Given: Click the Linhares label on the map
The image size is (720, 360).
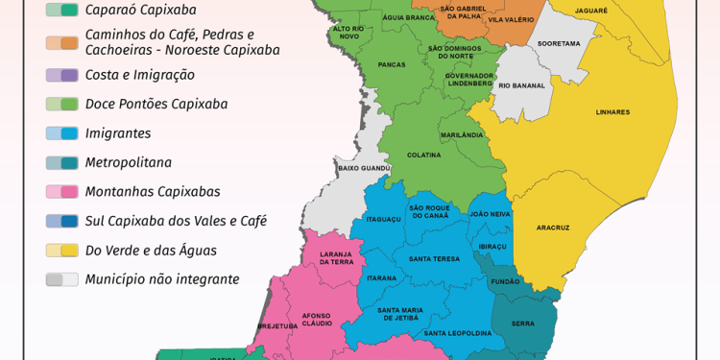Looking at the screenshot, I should click(612, 112).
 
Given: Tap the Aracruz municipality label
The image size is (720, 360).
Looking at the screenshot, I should click(553, 228).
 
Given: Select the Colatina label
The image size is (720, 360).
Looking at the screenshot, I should click(423, 155).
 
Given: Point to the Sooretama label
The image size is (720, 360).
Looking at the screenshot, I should click(559, 43).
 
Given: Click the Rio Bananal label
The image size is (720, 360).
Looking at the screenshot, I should click(522, 85).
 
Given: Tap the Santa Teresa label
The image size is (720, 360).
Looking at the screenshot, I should click(433, 258).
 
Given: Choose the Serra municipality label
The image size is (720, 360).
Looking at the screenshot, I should click(523, 324).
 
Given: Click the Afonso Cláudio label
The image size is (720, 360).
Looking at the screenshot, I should click(316, 319).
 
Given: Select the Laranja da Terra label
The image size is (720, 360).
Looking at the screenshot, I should click(337, 257).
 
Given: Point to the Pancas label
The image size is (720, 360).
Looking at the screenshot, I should click(392, 65).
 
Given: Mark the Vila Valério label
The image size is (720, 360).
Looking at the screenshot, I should click(510, 19).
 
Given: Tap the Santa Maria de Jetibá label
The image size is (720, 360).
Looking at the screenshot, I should click(400, 313).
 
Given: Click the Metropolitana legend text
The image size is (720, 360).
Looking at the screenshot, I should click(129, 162).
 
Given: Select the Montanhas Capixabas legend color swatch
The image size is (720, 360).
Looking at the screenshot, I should click(61, 192).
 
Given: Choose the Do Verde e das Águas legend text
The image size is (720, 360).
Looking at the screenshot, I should click(151, 251).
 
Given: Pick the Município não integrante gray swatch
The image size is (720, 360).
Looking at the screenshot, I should click(61, 279).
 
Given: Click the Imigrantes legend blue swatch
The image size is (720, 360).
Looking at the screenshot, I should click(61, 133).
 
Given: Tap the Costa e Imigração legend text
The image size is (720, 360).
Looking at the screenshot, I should click(140, 75).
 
